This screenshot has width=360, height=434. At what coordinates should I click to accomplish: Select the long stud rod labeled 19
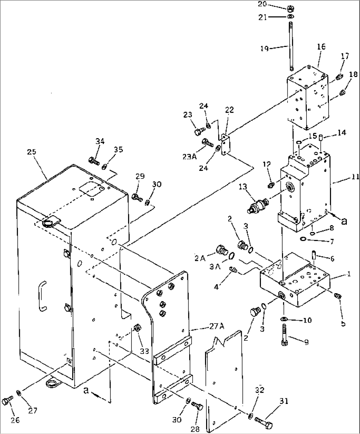[291, 46]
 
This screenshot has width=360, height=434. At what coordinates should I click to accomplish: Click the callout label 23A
[189, 156]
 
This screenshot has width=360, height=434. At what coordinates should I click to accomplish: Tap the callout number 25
[32, 152]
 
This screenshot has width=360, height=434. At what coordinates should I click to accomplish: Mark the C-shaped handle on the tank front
[41, 296]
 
